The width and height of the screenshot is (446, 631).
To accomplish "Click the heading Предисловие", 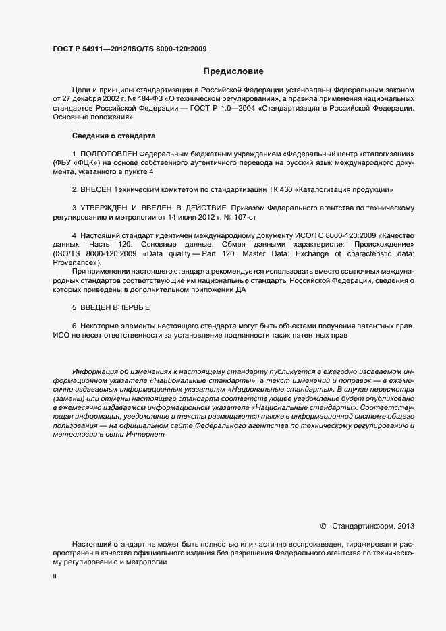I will click(233, 71).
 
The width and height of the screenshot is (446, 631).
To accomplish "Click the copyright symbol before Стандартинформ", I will click(323, 526).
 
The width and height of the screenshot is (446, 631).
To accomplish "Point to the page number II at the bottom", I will click(55, 577).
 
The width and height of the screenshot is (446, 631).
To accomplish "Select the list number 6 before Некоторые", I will click(74, 326).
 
